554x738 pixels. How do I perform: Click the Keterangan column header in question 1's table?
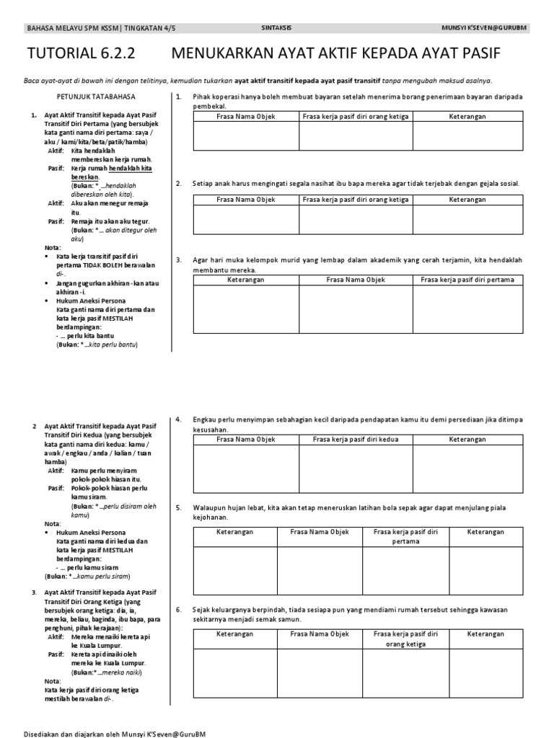467,116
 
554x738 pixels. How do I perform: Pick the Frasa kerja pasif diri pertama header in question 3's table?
467,279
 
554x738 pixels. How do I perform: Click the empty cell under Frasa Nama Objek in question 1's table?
246,136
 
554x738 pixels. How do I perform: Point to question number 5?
178,507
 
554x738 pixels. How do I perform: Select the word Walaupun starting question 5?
208,507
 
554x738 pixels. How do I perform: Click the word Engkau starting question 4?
204,419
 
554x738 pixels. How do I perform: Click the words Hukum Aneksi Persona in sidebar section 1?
90,301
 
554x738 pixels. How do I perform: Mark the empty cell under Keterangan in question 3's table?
246,309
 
